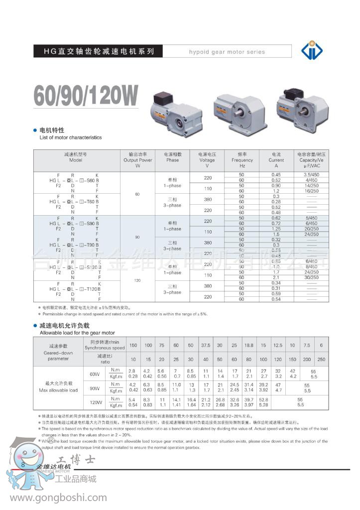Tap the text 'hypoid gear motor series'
coord(227,52)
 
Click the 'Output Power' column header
coord(138,160)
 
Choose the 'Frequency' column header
coord(242,160)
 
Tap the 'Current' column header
coord(276,160)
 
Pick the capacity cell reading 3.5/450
coord(311,174)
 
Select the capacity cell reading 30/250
coord(311,277)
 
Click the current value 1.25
coord(276,229)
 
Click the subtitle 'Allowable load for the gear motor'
coord(77,332)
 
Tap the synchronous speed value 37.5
coord(206,345)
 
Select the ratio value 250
coord(321,360)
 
